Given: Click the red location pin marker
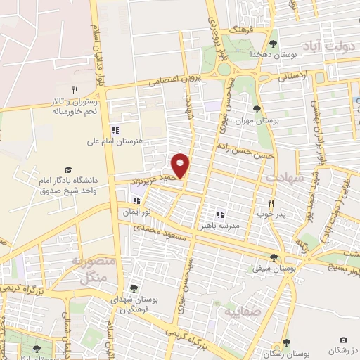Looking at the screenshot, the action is [181, 165].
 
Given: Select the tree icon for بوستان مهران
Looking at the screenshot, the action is [256, 109].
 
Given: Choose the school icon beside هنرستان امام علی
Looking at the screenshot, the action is [115, 130].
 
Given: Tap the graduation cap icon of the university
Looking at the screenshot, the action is [68, 169].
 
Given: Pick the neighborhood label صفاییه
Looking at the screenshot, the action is [241, 310].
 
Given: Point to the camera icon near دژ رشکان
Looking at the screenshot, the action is [343, 340].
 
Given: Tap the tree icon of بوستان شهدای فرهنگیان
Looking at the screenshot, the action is [133, 288].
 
